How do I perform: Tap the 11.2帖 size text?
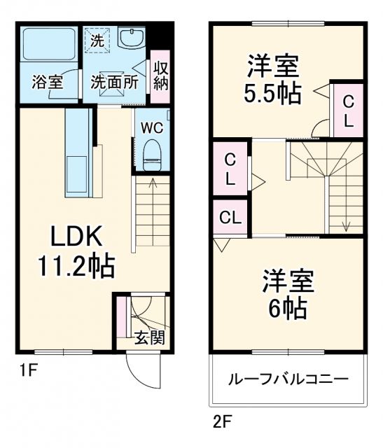click(x=76, y=266)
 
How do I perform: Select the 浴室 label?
click(x=47, y=82)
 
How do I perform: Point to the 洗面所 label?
click(x=113, y=82)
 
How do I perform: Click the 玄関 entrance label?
click(x=150, y=338)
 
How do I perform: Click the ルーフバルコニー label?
click(x=288, y=379)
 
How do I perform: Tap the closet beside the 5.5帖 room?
click(x=348, y=111)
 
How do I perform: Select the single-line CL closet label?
click(x=230, y=217)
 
